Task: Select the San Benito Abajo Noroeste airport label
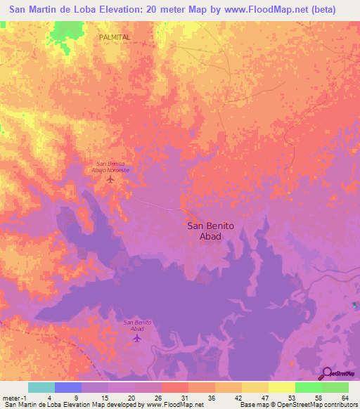[110, 166]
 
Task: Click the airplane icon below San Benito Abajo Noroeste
[110, 179]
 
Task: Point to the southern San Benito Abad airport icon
[138, 339]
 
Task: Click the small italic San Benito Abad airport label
[138, 325]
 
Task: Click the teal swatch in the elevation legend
[41, 387]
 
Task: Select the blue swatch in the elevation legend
[68, 387]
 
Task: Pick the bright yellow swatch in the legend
[281, 387]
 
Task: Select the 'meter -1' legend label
[15, 397]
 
